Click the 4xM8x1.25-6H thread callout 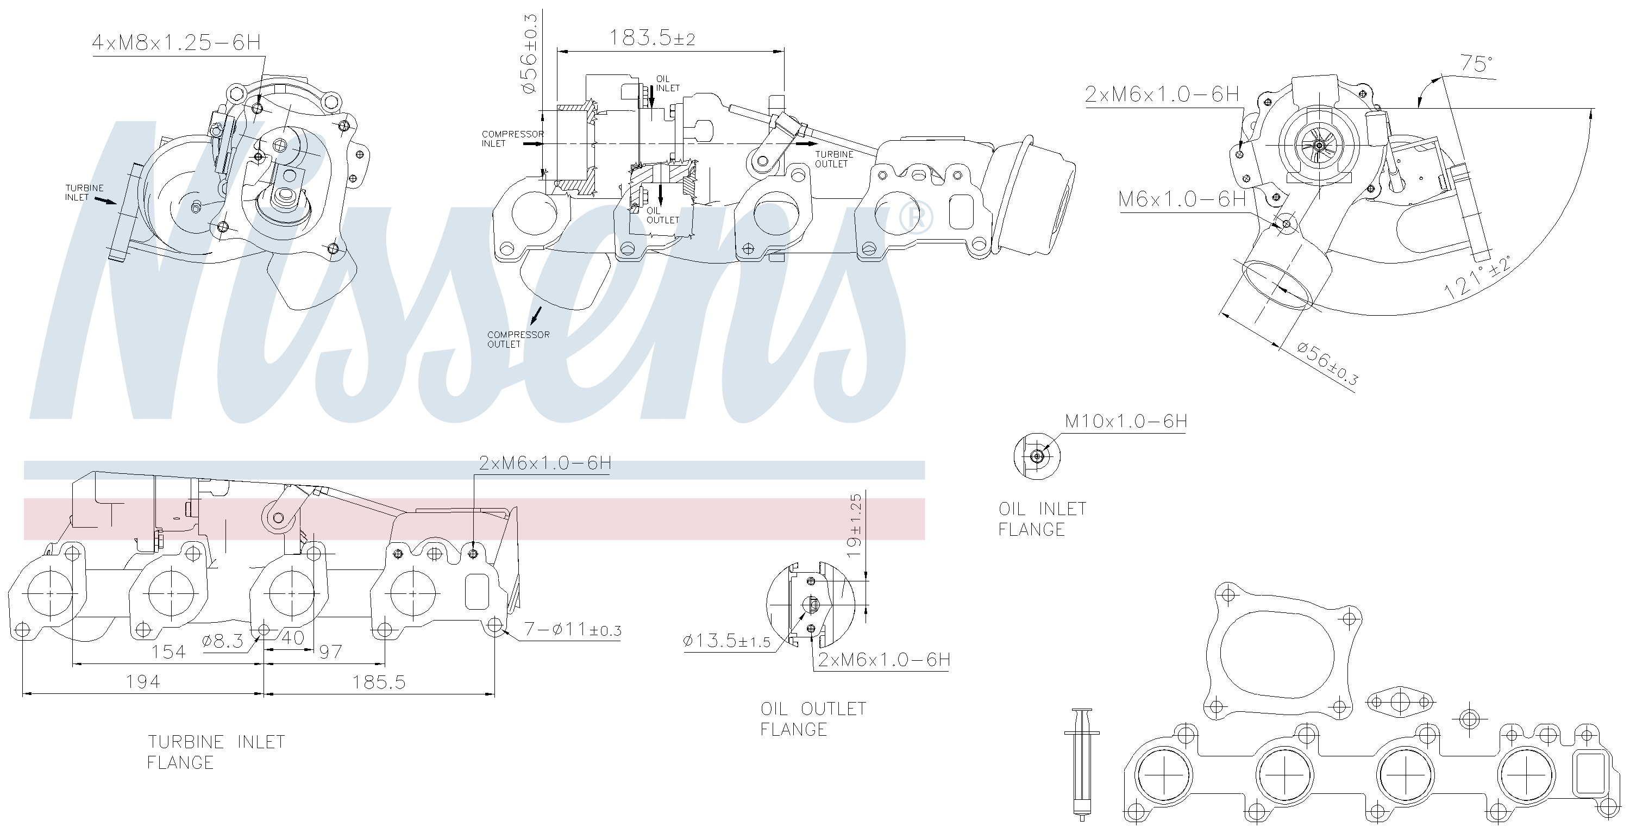tap(177, 42)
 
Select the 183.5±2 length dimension tap(652, 38)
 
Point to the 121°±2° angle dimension tap(1477, 277)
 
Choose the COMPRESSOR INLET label tap(512, 139)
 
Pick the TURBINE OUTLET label tap(834, 159)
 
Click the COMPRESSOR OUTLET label tap(518, 339)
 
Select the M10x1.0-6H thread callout tap(1126, 421)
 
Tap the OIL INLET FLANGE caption tap(1042, 519)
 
